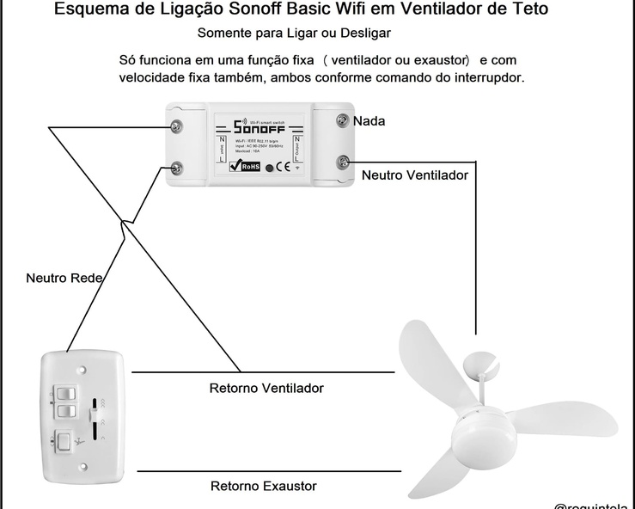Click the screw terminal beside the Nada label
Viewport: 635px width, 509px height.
pyautogui.click(x=343, y=120)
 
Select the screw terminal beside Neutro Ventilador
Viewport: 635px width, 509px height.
pyautogui.click(x=343, y=161)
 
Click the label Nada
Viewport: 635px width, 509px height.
pyautogui.click(x=369, y=121)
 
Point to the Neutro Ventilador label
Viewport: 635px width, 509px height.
pyautogui.click(x=414, y=175)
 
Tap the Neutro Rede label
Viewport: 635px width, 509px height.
pyautogui.click(x=65, y=278)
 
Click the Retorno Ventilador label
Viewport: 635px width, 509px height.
pyautogui.click(x=266, y=389)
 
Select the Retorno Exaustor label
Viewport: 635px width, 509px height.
pyautogui.click(x=263, y=487)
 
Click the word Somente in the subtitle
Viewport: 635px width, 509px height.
pyautogui.click(x=226, y=34)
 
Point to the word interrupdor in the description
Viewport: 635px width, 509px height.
pyautogui.click(x=480, y=77)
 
